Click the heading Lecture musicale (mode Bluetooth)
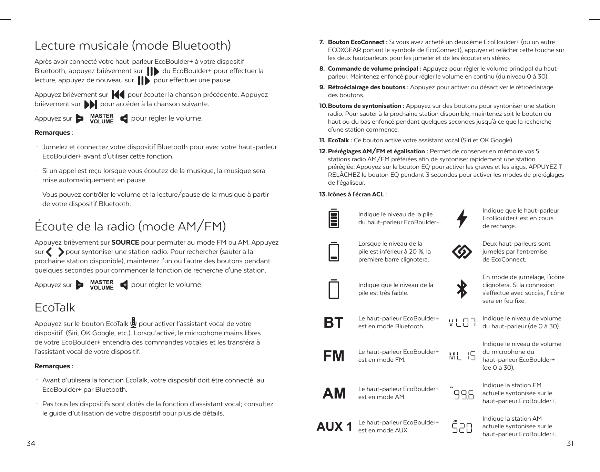point(133,45)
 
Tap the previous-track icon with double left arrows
point(118,95)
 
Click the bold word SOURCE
point(125,242)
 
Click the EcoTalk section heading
point(55,307)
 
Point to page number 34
point(31,443)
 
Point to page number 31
point(570,443)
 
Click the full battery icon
point(333,218)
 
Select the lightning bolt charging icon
point(462,218)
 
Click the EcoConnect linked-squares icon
point(462,252)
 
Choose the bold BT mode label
point(333,322)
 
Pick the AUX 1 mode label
point(334,427)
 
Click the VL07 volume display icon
point(462,322)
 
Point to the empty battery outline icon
point(333,289)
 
